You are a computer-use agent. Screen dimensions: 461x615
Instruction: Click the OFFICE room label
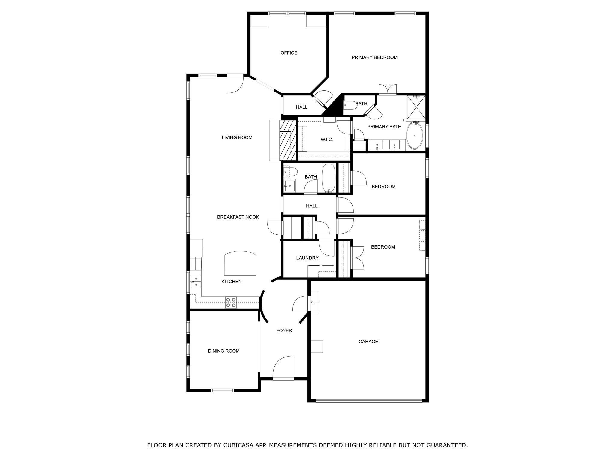[x=289, y=53]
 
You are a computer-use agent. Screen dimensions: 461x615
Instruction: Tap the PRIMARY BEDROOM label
[x=374, y=57]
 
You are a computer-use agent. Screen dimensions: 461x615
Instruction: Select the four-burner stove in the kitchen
[x=231, y=302]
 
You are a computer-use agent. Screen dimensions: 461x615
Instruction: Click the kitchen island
[x=240, y=263]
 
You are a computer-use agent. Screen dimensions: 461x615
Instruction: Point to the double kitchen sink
[x=196, y=282]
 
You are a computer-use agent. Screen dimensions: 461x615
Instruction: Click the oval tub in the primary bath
[x=414, y=136]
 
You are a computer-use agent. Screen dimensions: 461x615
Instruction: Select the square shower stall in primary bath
[x=416, y=107]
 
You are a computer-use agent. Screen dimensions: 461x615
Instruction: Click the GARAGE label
[x=368, y=342]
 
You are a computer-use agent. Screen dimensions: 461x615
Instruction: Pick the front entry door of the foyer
[x=283, y=378]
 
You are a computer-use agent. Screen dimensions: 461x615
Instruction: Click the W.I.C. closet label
[x=326, y=140]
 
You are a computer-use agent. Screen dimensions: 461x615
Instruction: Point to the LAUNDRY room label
[x=307, y=258]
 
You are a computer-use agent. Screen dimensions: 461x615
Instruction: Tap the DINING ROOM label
[x=223, y=351]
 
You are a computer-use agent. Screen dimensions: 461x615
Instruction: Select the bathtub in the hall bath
[x=329, y=178]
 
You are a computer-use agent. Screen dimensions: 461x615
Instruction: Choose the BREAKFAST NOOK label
[x=238, y=217]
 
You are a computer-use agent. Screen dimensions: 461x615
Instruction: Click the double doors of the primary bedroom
[x=388, y=90]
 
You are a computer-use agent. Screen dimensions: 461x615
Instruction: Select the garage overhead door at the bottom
[x=368, y=400]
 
